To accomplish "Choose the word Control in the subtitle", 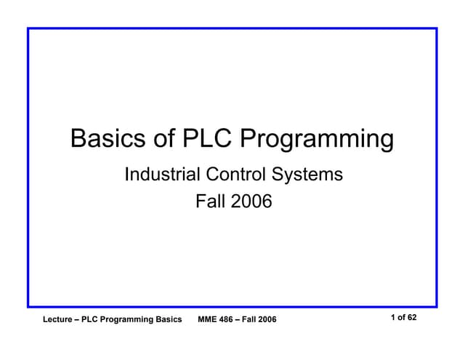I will (235, 175).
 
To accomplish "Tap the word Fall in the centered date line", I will (211, 201).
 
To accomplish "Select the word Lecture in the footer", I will (60, 320).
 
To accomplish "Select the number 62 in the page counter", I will (412, 318).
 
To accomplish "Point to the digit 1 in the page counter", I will (393, 318).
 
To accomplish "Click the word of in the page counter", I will (402, 318).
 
